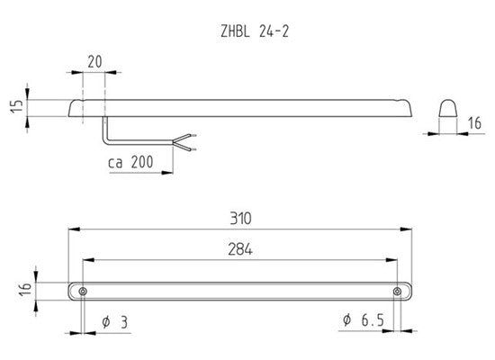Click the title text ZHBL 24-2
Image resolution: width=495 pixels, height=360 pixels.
[x=255, y=31]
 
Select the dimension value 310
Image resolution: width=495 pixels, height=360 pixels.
[x=240, y=218]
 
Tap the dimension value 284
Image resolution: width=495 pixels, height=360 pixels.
[x=240, y=249]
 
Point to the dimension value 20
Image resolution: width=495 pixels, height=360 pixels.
[x=94, y=61]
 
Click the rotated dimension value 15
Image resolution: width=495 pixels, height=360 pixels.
[x=16, y=106]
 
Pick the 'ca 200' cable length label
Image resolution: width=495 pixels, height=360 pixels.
[x=130, y=162]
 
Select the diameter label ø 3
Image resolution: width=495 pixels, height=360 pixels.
[x=115, y=322]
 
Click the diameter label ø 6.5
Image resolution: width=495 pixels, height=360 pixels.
[x=364, y=320]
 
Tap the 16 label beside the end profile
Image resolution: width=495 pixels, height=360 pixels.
[x=474, y=123]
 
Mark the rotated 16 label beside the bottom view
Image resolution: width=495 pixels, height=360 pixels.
[x=25, y=289]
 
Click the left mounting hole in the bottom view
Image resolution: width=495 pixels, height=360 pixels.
[x=83, y=292]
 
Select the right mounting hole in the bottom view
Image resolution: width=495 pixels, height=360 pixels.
[x=397, y=292]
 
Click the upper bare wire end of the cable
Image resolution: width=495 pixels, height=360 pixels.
[x=193, y=136]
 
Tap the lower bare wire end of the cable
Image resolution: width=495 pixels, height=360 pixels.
[x=193, y=149]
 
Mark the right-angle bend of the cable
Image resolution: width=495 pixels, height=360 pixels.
[x=105, y=142]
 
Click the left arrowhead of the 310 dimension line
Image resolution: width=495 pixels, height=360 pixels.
[x=74, y=229]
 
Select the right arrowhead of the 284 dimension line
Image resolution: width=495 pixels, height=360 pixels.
[x=391, y=260]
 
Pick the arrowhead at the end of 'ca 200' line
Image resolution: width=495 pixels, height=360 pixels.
[x=167, y=173]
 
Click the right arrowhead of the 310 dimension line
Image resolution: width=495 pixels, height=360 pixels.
[x=406, y=229]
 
